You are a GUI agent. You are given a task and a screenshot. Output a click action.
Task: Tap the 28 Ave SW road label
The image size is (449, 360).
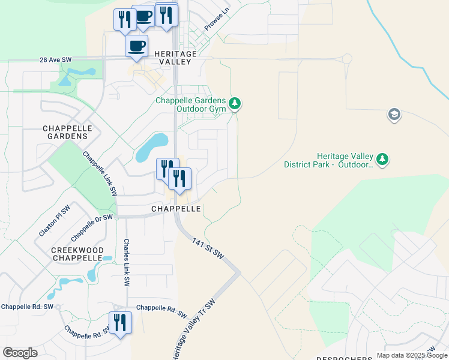click(x=56, y=60)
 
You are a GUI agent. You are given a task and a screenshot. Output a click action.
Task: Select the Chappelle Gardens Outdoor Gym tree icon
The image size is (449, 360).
click(x=236, y=104)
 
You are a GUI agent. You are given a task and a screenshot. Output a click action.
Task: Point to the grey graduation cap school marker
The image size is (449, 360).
click(x=394, y=115)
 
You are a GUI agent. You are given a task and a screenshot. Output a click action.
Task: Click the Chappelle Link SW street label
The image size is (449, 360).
click(x=100, y=173)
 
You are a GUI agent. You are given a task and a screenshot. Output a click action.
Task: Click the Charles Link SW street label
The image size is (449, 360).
click(x=127, y=262)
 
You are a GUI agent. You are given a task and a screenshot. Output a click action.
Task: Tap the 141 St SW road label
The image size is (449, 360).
click(x=208, y=248)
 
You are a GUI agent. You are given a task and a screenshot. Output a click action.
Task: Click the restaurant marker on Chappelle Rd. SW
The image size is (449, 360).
click(x=120, y=323)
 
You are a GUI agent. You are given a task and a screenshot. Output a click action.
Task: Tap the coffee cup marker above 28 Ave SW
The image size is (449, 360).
click(x=136, y=46)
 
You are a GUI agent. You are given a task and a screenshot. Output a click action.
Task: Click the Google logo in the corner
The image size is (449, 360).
click(x=20, y=353)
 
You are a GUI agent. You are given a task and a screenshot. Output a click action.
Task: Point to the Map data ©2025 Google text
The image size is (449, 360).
click(x=412, y=355)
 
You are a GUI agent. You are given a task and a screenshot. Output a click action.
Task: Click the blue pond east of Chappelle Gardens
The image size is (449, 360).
click(x=151, y=148)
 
